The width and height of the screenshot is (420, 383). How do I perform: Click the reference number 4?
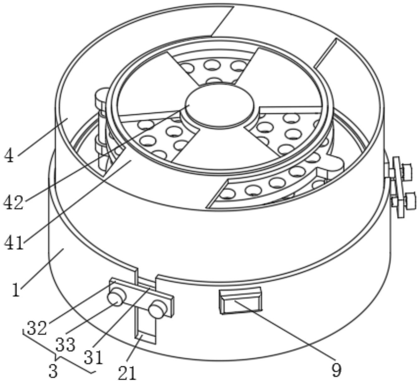click(9, 156)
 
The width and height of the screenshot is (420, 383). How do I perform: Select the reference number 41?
click(14, 242)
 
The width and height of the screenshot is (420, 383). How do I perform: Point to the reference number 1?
click(16, 290)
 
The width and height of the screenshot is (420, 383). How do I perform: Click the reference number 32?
click(37, 328)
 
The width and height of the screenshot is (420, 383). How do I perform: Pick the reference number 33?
click(65, 345)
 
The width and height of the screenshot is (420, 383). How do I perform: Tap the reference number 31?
click(94, 357)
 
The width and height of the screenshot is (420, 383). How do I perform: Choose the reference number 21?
click(127, 373)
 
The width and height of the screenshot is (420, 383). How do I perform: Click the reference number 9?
click(336, 370)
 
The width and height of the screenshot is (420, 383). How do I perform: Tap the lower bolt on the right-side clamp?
click(408, 200)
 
